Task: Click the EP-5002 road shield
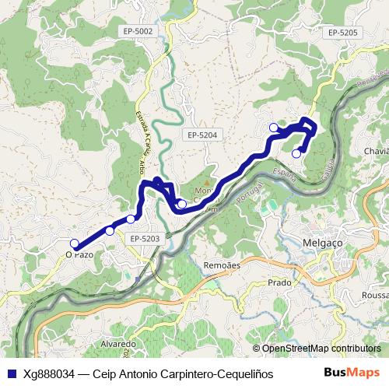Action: (x=138, y=31)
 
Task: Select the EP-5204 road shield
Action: (x=202, y=135)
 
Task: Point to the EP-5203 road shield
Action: (x=145, y=238)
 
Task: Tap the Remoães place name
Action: (x=221, y=265)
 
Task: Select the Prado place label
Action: (x=279, y=282)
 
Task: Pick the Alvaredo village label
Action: (x=118, y=343)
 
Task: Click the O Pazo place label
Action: (x=79, y=254)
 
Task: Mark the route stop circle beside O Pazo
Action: (x=75, y=244)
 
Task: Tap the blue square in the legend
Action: (x=10, y=373)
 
